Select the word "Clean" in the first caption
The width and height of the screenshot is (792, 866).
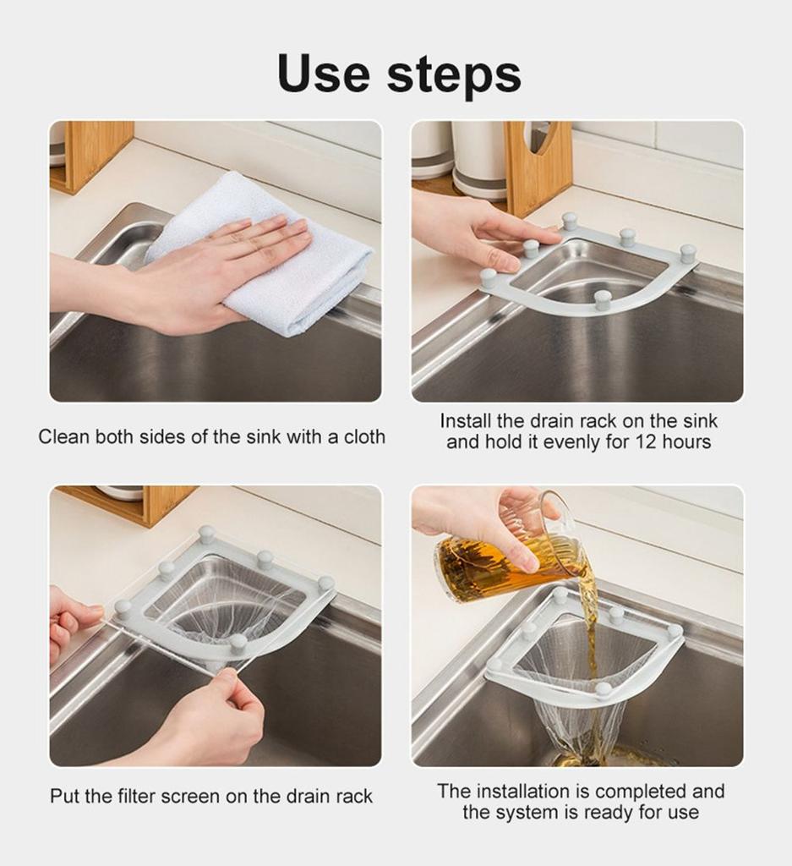point(63,437)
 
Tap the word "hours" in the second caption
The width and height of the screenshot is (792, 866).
point(687,441)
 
